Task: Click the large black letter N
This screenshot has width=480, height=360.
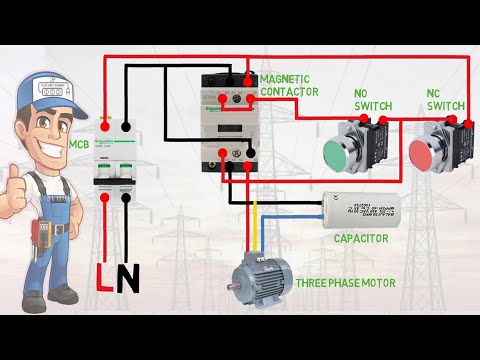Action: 127,279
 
